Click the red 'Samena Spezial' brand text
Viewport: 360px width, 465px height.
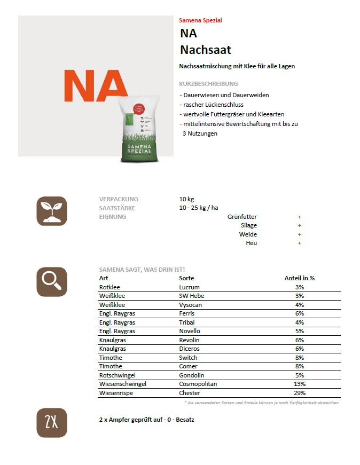[200, 20]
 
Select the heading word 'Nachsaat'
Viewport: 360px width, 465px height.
[206, 50]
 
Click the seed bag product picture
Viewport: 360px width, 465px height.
[140, 130]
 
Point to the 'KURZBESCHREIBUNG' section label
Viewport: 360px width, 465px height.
[209, 84]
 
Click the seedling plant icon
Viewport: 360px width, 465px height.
[52, 211]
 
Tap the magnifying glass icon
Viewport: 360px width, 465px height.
[52, 281]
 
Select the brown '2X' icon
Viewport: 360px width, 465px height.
[52, 423]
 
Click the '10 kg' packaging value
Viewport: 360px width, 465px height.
[186, 199]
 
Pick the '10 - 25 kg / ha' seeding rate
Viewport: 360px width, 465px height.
[199, 208]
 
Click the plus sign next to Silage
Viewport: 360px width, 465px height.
[300, 226]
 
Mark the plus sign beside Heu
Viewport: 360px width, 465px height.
[300, 243]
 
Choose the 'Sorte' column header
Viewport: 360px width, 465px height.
[186, 278]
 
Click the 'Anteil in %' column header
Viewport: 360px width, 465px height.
[299, 278]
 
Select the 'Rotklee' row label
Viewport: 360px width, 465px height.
[109, 287]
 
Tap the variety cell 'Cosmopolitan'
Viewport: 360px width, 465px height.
[198, 384]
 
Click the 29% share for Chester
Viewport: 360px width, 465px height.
[299, 393]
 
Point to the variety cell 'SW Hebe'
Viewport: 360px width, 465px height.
[191, 296]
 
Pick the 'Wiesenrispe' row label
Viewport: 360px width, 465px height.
[115, 393]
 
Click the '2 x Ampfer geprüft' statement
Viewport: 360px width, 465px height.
[147, 420]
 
